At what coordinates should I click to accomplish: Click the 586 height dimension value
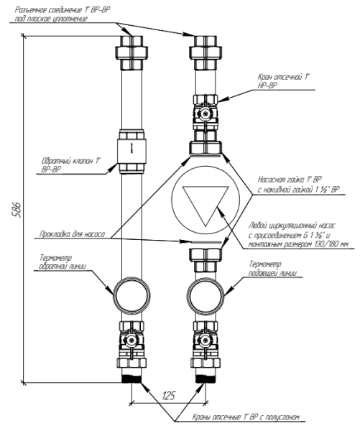[x=17, y=210]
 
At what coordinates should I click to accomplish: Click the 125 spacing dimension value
[x=168, y=395]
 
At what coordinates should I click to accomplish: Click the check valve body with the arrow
[x=132, y=152]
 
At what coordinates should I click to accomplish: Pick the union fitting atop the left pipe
[x=132, y=52]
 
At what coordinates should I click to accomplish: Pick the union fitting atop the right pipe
[x=206, y=52]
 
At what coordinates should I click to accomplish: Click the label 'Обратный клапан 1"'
[x=70, y=160]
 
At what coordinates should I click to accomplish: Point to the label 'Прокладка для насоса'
[x=73, y=234]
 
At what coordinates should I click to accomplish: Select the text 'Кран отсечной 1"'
[x=283, y=77]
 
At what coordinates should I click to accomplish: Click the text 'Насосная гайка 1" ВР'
[x=290, y=180]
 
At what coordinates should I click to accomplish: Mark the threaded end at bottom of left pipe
[x=132, y=379]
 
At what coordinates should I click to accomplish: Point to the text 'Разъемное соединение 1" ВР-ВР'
[x=63, y=10]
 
